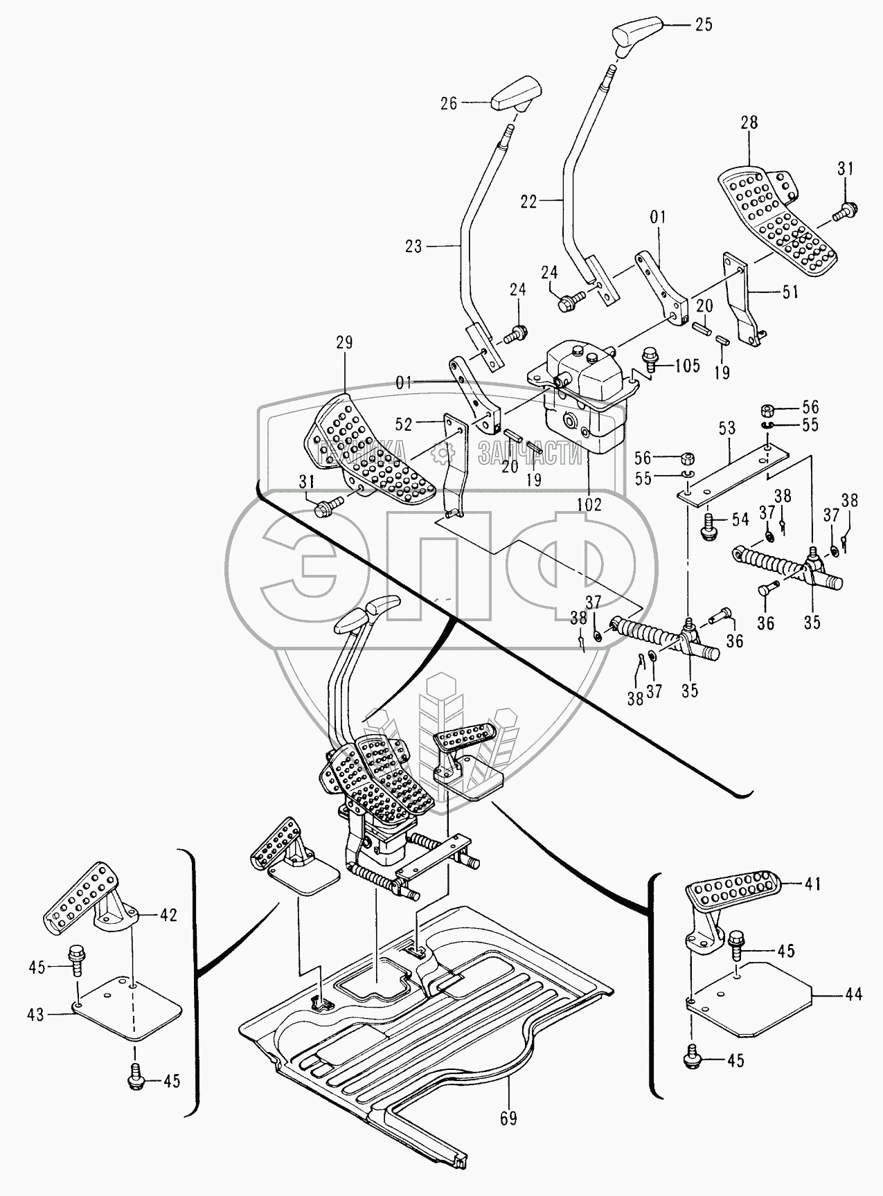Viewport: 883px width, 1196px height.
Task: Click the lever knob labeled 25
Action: [637, 31]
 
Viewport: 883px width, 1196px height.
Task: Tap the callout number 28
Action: [749, 123]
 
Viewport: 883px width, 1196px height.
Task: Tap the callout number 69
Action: [508, 1118]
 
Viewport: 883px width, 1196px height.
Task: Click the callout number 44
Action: [854, 994]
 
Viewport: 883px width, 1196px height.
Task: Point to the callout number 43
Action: [35, 1015]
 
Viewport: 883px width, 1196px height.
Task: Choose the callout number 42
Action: [168, 915]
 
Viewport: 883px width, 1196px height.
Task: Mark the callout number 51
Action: [789, 292]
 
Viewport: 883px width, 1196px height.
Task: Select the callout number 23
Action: [413, 246]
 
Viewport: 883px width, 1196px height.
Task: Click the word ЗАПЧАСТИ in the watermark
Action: [530, 454]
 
